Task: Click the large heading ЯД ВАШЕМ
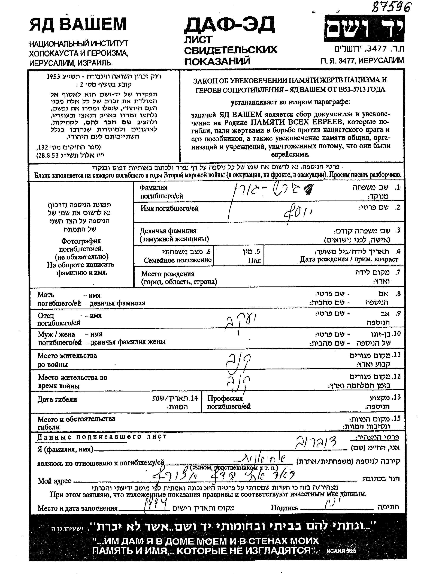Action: (78, 24)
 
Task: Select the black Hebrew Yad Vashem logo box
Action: (364, 28)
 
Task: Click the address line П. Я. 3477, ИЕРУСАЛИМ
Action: (362, 61)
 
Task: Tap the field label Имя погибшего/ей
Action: (169, 208)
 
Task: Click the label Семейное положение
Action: (178, 260)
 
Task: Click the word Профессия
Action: (225, 398)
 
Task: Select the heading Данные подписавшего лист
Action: (102, 437)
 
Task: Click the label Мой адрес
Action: (54, 481)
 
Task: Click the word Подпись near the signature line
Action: (284, 508)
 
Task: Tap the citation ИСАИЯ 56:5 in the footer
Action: (341, 551)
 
